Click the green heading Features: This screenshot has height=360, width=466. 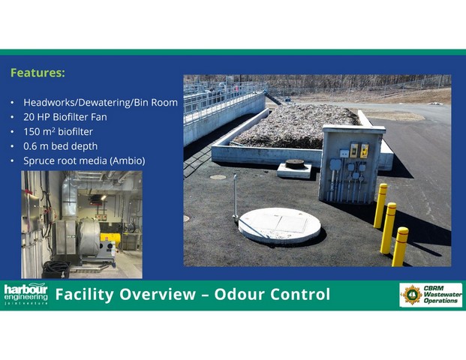[38, 73]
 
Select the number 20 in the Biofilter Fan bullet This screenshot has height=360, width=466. [29, 117]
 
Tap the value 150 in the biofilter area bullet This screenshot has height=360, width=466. [32, 131]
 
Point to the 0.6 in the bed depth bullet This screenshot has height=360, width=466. [30, 146]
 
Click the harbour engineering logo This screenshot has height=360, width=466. [26, 294]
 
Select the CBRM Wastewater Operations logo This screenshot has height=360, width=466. [431, 295]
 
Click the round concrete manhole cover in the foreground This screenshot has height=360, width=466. [280, 225]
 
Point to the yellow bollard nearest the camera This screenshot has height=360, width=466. [400, 247]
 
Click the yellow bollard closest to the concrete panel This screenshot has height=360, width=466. [380, 205]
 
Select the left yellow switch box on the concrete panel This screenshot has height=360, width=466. [354, 151]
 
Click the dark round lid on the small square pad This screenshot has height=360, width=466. [295, 164]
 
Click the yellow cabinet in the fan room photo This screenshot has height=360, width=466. [110, 240]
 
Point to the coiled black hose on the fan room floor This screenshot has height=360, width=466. [56, 267]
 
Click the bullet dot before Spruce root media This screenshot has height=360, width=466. [12, 161]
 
